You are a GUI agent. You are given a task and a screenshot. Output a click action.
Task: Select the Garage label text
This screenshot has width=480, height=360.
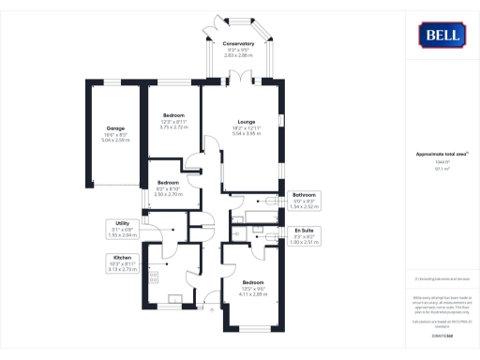[115, 127]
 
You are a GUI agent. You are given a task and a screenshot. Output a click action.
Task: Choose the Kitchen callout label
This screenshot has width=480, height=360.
[123, 256]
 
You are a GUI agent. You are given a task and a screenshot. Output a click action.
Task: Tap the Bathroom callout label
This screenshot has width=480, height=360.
[306, 195]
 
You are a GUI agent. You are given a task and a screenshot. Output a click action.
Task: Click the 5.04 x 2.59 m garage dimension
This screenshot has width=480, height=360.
[115, 140]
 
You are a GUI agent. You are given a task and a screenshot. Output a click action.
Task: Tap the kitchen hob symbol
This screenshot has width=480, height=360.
[153, 276]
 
